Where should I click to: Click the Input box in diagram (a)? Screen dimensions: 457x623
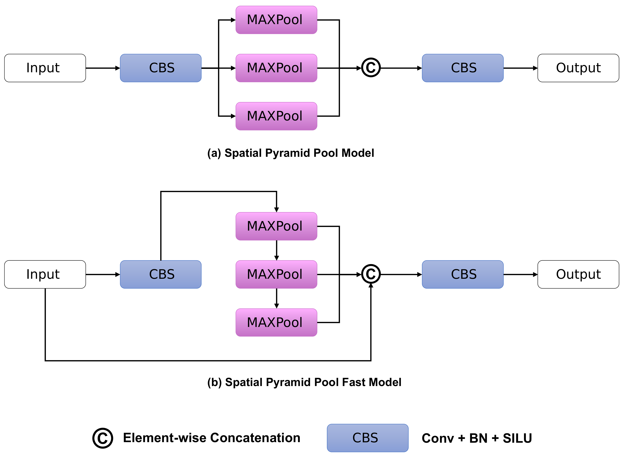click(x=45, y=68)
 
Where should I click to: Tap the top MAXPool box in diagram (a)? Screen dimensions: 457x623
click(x=276, y=20)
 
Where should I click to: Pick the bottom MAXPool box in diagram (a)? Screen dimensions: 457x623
click(x=276, y=116)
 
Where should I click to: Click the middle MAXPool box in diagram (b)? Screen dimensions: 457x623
click(x=276, y=274)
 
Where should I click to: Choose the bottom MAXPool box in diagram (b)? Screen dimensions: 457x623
click(x=276, y=323)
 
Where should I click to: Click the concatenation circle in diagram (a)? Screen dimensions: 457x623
click(x=371, y=68)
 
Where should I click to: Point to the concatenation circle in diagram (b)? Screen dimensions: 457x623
click(x=371, y=274)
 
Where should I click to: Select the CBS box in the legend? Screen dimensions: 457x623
click(x=367, y=438)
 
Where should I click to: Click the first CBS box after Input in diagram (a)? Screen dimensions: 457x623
click(x=161, y=68)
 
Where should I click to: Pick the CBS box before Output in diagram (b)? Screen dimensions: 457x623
click(x=463, y=274)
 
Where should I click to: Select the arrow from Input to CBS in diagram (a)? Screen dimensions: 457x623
click(x=103, y=68)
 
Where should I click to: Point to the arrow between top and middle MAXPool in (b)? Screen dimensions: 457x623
click(x=276, y=250)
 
